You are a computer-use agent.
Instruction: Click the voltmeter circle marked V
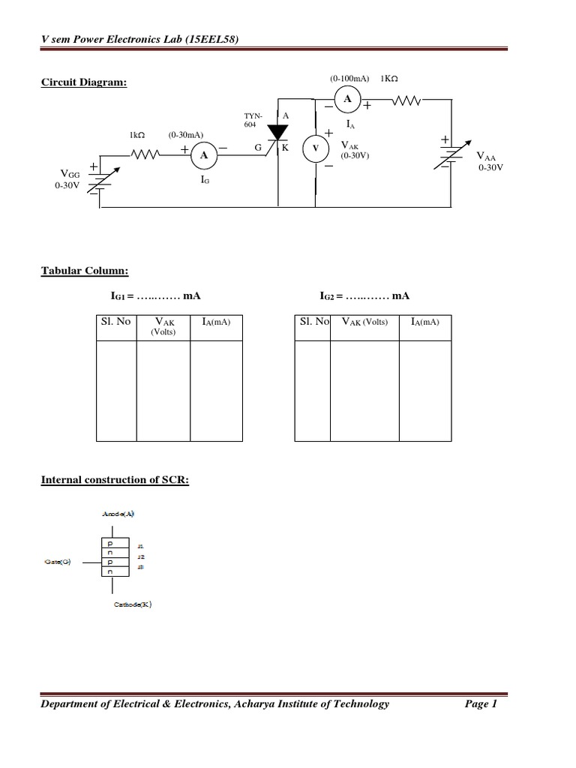pos(315,149)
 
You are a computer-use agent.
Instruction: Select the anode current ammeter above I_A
pos(346,98)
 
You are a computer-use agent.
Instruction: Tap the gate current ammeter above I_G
pos(203,155)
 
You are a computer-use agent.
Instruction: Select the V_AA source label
pos(487,157)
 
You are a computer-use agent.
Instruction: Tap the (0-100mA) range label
pos(350,78)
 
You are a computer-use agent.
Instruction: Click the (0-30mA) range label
pos(186,135)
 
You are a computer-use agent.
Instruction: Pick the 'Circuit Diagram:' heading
pos(83,82)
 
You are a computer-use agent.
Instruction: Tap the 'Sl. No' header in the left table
pos(115,322)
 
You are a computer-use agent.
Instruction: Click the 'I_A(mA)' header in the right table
pos(424,322)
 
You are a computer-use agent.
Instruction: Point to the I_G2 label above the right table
pos(330,296)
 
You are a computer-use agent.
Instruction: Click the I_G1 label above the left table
pos(121,296)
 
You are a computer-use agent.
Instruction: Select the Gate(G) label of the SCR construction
pos(57,561)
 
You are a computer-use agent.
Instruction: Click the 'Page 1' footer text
pos(481,703)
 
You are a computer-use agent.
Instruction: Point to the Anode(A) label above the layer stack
pos(118,514)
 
